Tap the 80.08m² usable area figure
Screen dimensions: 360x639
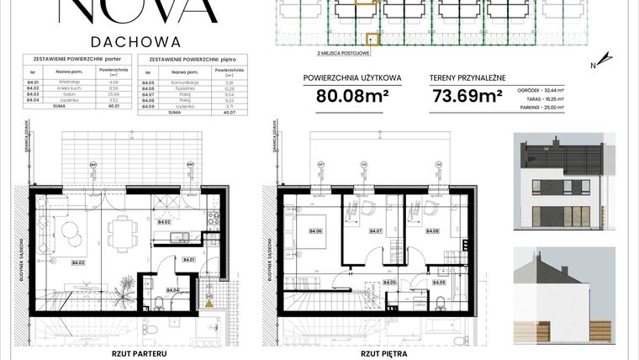coord(352,95)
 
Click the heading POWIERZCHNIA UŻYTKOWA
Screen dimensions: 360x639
coord(352,75)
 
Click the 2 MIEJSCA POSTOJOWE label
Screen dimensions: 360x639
coord(341,52)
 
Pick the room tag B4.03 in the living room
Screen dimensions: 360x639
coord(78,262)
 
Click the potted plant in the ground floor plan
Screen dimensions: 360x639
coord(119,291)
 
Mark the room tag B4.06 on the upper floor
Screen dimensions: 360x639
coord(317,231)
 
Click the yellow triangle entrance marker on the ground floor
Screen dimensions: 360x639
coord(208,296)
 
